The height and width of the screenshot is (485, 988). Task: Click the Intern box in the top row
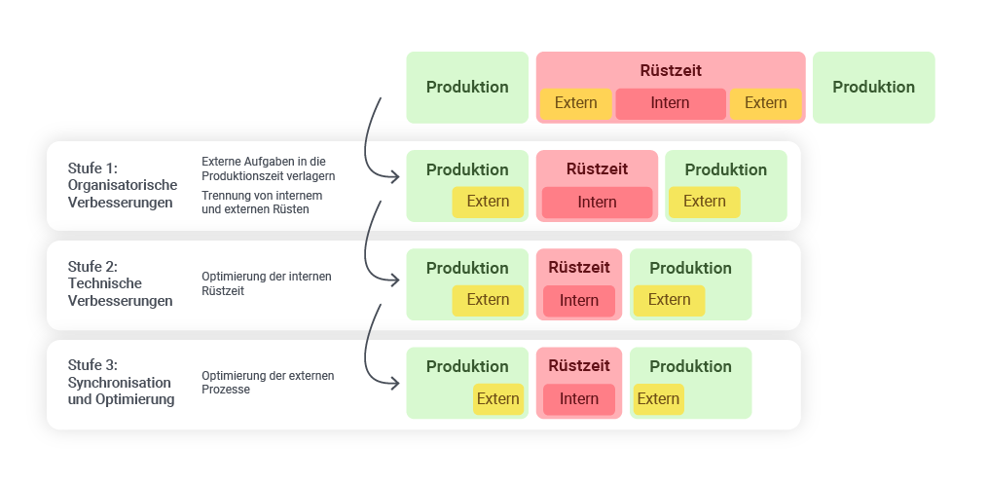(671, 103)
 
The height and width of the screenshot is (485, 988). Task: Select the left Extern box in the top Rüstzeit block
(576, 103)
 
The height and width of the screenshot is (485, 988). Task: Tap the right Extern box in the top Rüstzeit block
(765, 103)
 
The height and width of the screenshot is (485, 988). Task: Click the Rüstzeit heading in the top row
(671, 71)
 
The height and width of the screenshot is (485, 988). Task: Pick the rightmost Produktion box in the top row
(873, 88)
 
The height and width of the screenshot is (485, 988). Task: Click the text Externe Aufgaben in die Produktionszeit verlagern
(268, 168)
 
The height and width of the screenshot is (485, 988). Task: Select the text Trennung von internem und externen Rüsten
(262, 203)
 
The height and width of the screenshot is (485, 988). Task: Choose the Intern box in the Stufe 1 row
(597, 203)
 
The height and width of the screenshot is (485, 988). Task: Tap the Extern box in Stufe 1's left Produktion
(488, 202)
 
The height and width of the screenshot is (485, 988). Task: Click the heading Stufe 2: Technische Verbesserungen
(120, 283)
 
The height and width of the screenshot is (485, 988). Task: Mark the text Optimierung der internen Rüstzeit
(266, 283)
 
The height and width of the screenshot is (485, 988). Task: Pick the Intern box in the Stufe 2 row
(579, 301)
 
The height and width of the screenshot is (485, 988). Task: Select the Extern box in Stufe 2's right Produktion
(669, 300)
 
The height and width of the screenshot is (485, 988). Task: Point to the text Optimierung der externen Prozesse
(267, 382)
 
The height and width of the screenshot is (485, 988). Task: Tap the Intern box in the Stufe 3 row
(579, 399)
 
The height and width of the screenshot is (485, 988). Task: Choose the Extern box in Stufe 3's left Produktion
(497, 398)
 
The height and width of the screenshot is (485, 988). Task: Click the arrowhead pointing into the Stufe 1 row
(395, 176)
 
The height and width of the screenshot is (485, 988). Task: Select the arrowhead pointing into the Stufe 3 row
(395, 383)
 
